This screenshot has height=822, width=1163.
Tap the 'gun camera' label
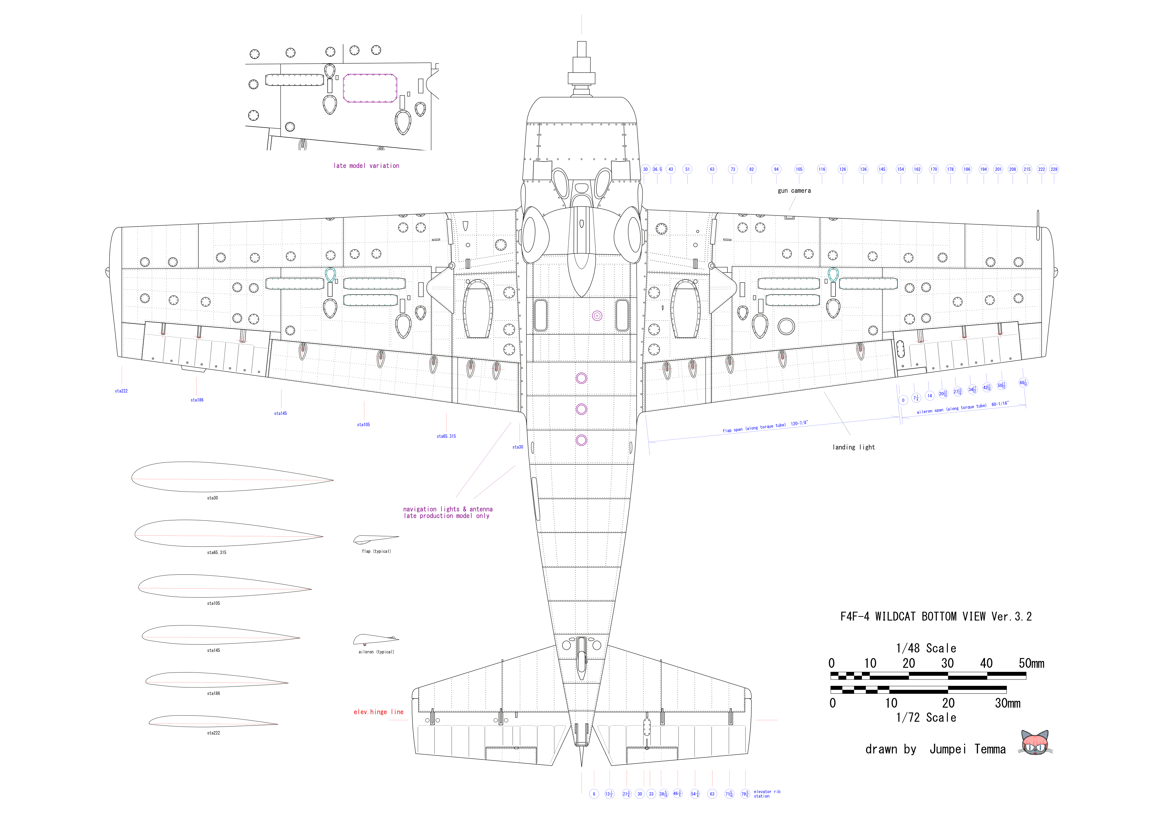794,191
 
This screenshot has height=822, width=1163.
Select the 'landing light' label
853,447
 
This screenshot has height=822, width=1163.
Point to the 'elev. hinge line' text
378,712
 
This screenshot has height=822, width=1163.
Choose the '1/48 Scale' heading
926,648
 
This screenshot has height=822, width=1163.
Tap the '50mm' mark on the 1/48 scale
1031,664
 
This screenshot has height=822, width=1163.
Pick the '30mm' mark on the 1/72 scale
1008,703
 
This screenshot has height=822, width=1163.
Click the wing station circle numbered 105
799,169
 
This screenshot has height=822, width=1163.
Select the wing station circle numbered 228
1054,169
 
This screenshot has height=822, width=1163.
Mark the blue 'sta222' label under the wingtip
121,391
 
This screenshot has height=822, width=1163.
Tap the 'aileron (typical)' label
376,652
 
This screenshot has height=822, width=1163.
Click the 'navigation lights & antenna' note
448,509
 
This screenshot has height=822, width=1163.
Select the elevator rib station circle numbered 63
712,793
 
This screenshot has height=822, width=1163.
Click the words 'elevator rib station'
766,793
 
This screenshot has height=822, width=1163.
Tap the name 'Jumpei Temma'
967,749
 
